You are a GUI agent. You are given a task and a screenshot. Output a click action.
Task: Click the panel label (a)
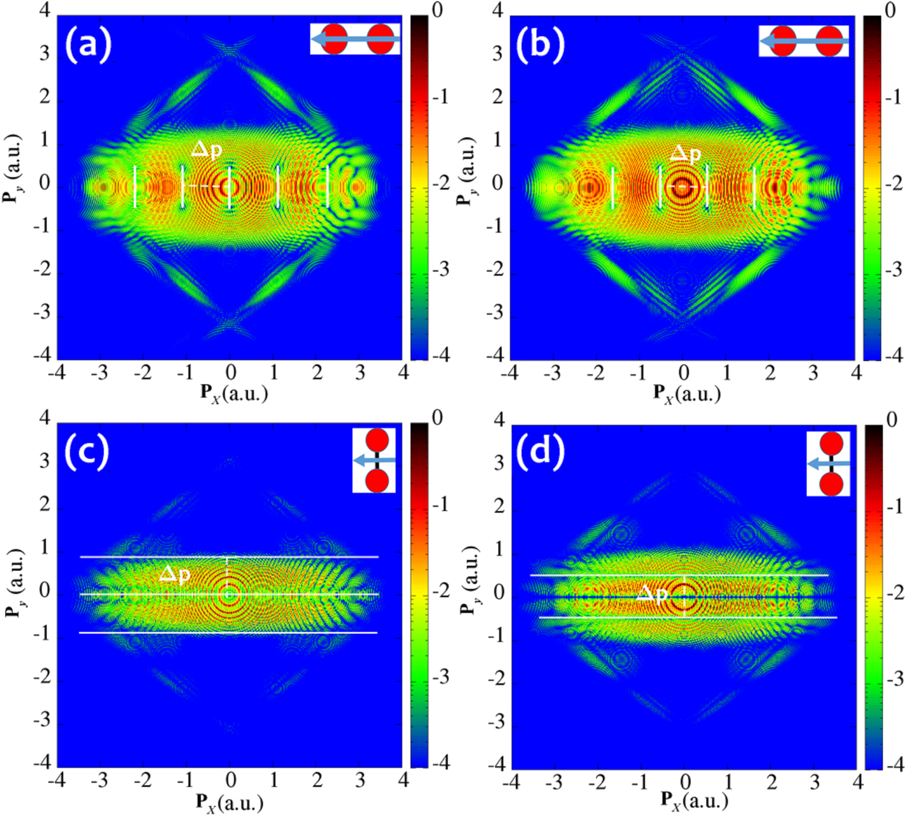point(88,44)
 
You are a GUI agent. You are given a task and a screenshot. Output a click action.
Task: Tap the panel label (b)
point(540,44)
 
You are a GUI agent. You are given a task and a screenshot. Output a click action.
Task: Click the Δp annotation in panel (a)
point(206,151)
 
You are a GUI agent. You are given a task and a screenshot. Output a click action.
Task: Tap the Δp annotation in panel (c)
point(174,574)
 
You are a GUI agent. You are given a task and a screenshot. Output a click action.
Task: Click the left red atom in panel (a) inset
point(334,39)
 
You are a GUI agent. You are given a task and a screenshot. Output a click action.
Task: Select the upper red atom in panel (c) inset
point(377,441)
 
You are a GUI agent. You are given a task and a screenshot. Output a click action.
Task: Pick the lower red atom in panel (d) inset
point(832,483)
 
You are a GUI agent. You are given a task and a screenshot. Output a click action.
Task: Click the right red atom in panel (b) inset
point(829,41)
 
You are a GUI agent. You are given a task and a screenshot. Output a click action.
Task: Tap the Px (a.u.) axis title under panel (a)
point(234,394)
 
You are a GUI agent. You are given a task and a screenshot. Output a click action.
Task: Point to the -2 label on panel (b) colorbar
point(893,184)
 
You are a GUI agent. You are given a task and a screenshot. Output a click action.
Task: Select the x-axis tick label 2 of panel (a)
point(317,374)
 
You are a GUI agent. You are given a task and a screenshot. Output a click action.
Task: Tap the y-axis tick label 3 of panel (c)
point(45,461)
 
